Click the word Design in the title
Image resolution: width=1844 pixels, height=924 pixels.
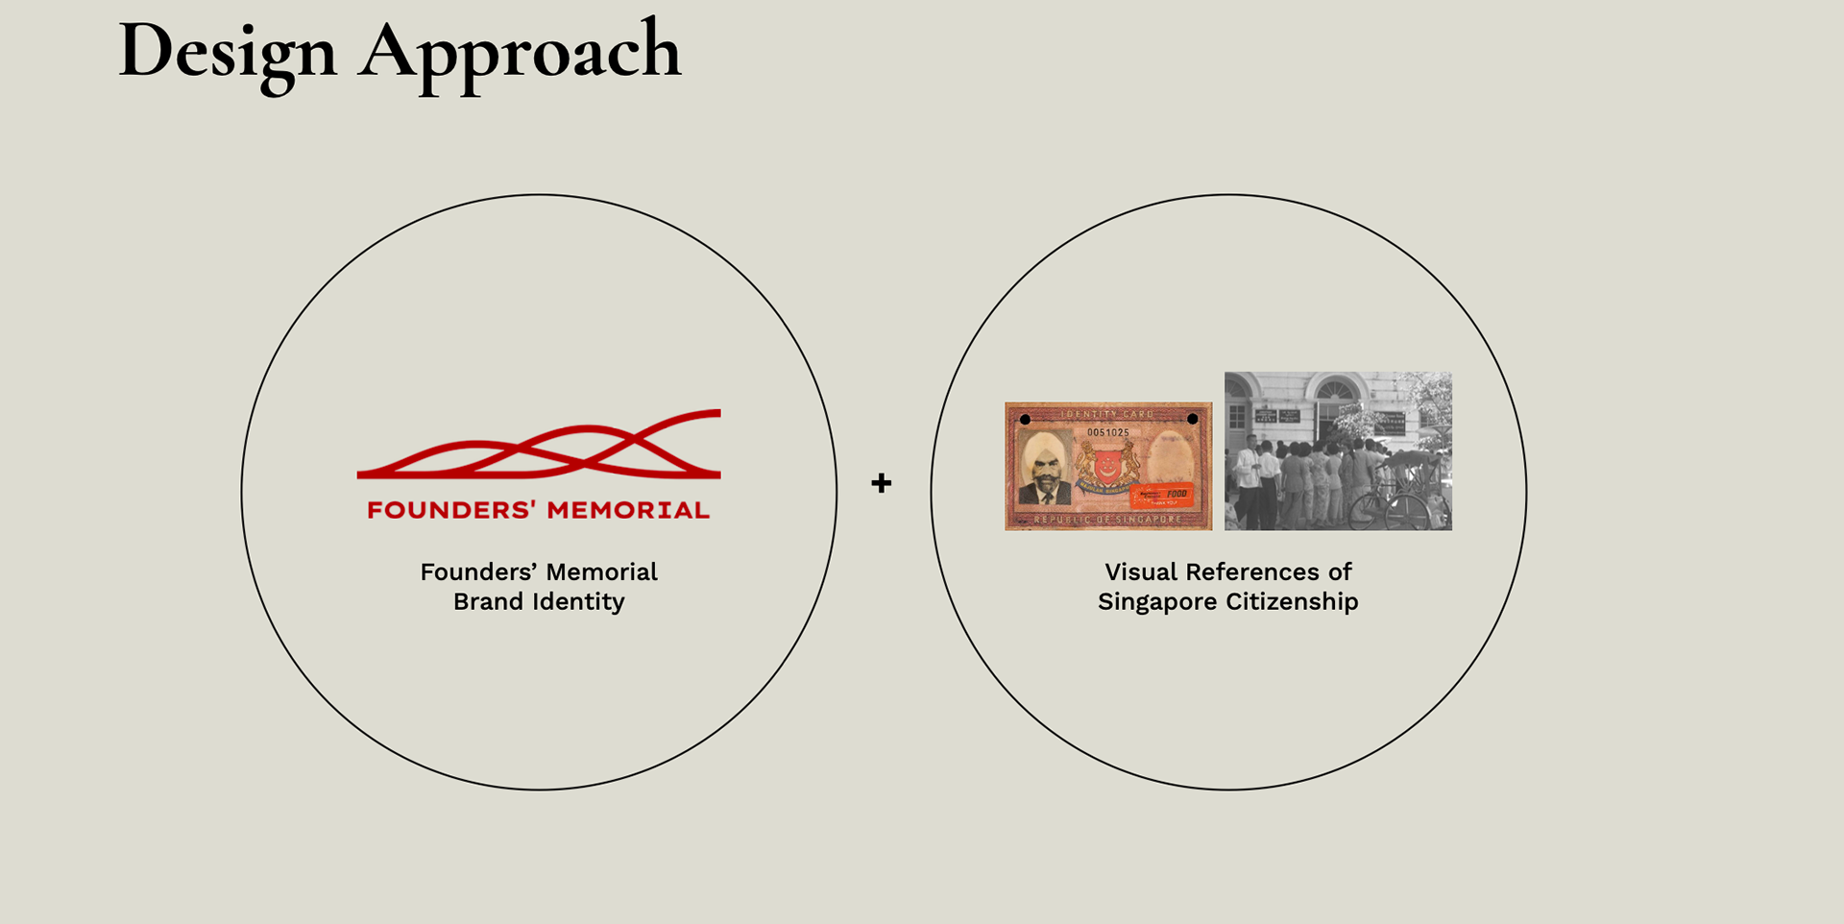point(228,52)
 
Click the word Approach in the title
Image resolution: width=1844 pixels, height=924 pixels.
point(520,52)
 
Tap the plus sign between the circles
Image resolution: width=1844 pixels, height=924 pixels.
point(881,483)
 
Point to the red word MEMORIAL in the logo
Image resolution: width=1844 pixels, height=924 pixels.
point(628,510)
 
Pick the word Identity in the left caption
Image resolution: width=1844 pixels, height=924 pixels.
point(579,601)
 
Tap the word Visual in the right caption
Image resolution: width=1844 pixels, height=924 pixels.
point(1141,571)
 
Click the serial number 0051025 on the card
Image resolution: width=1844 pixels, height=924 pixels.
point(1107,432)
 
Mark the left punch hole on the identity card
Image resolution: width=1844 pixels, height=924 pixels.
point(1025,420)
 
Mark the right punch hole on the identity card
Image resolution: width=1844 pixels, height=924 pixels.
point(1192,419)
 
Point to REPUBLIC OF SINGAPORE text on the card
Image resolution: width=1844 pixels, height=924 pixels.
point(1107,520)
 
